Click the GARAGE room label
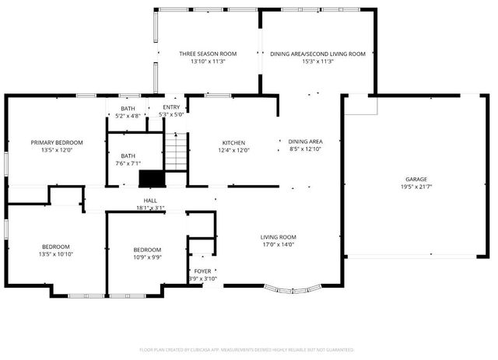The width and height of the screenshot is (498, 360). pyautogui.click(x=416, y=179)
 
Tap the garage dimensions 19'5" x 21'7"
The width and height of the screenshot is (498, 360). pyautogui.click(x=416, y=187)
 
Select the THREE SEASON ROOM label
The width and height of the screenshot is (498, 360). pyautogui.click(x=208, y=54)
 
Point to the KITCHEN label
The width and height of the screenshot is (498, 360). pyautogui.click(x=233, y=142)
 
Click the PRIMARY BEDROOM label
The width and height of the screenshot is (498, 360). pyautogui.click(x=56, y=142)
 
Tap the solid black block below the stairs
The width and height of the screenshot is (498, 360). pyautogui.click(x=152, y=179)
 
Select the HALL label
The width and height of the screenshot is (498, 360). pyautogui.click(x=151, y=200)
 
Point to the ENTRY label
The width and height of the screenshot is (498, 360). pyautogui.click(x=170, y=107)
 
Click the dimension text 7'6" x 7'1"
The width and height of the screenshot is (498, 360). pyautogui.click(x=128, y=164)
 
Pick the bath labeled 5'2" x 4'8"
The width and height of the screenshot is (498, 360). pyautogui.click(x=128, y=112)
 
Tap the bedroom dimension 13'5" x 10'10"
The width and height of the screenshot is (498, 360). pyautogui.click(x=55, y=254)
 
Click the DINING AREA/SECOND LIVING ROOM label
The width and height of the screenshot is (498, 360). pyautogui.click(x=317, y=54)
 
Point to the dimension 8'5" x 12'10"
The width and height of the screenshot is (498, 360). pyautogui.click(x=305, y=149)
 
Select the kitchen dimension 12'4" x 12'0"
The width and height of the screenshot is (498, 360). pyautogui.click(x=233, y=150)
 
